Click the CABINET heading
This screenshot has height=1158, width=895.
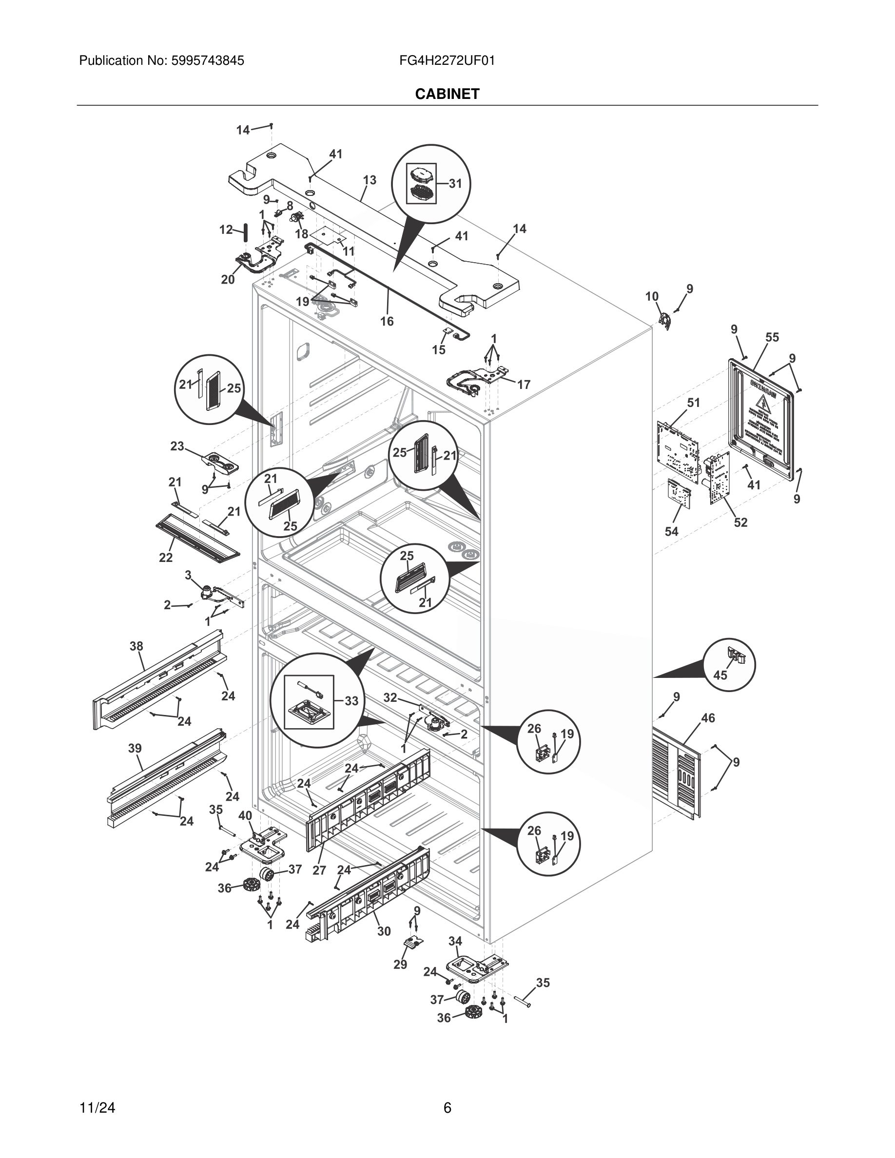(447, 94)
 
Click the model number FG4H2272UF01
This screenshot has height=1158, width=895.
(447, 60)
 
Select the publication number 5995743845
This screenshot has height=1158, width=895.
(207, 60)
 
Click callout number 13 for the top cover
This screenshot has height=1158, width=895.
(370, 180)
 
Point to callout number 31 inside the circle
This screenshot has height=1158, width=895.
(455, 183)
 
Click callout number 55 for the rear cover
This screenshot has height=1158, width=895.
(772, 337)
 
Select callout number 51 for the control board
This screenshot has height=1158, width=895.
(694, 403)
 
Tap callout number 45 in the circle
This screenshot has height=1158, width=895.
(720, 675)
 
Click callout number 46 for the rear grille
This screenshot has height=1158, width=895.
(708, 718)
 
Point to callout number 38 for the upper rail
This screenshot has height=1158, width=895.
(136, 646)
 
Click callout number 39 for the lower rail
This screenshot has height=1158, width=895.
(135, 748)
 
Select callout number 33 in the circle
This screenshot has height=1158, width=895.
(351, 700)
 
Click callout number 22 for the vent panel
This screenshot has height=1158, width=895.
(165, 557)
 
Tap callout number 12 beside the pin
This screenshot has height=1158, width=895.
(226, 230)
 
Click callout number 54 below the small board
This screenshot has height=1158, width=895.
(671, 531)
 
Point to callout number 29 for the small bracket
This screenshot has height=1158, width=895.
(400, 965)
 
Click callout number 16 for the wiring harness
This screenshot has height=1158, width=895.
(387, 321)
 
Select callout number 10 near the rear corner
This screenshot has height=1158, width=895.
(652, 296)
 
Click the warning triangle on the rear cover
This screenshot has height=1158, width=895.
(762, 402)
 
